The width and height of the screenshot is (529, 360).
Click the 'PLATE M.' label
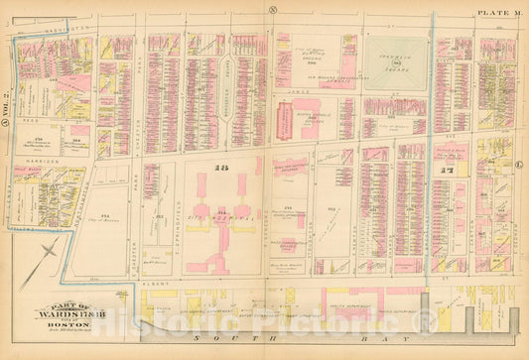[498, 11]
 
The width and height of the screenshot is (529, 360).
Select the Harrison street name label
[35, 162]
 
